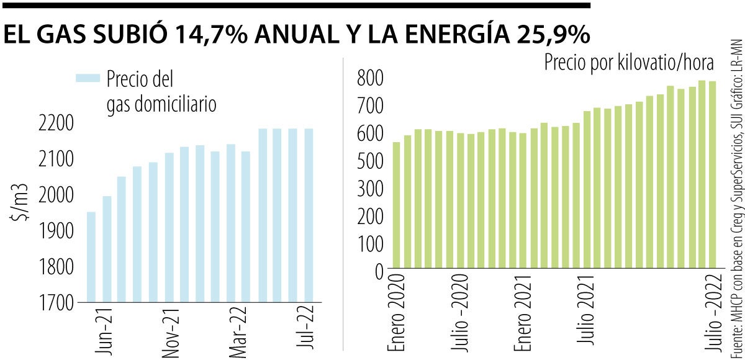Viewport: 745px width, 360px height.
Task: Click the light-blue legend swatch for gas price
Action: click(88, 78)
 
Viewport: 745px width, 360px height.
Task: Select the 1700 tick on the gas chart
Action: click(56, 304)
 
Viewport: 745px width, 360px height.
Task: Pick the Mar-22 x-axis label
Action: click(238, 331)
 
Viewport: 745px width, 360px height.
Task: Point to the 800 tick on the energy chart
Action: click(371, 79)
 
